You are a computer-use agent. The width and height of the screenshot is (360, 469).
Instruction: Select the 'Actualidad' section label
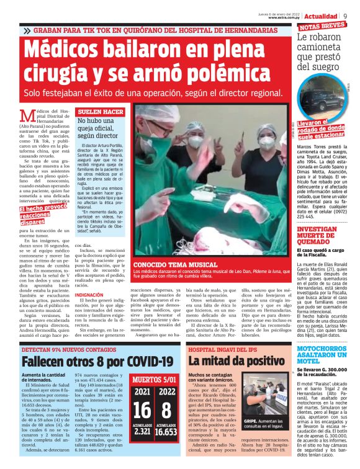click(x=322, y=16)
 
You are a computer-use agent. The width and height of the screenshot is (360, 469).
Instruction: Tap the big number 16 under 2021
click(x=142, y=410)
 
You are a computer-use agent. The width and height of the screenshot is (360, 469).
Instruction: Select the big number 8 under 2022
click(x=166, y=410)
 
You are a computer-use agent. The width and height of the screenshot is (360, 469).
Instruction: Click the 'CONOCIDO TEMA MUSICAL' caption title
click(x=167, y=264)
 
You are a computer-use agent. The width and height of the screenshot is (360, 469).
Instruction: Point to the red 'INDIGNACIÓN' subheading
click(x=89, y=295)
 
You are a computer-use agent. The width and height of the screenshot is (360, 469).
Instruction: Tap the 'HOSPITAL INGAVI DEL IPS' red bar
click(x=214, y=349)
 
